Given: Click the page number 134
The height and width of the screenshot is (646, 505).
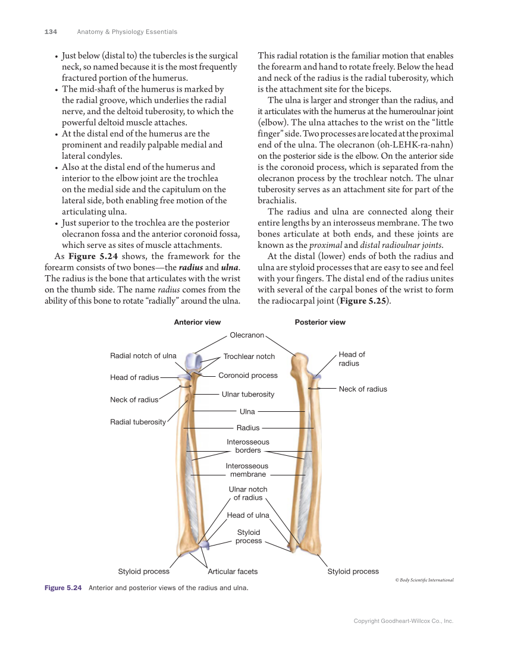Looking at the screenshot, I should tap(51, 31).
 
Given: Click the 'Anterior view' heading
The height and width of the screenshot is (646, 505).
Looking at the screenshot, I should tap(197, 322).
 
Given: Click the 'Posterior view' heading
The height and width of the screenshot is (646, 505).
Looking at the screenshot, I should tap(320, 322).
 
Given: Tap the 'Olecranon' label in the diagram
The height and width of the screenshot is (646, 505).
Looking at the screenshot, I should tap(247, 335).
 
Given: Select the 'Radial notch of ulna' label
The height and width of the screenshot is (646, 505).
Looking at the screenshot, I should tap(143, 355).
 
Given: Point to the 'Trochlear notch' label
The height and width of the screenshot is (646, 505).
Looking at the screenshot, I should tap(249, 357).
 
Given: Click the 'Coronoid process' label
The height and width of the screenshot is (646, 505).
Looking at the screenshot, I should tap(248, 375).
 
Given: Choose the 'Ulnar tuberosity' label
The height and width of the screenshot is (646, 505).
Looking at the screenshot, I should tap(248, 394).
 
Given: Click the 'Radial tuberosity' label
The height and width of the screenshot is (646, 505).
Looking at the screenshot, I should tap(138, 422).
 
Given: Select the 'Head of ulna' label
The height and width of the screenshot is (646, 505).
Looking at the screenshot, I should tap(248, 515).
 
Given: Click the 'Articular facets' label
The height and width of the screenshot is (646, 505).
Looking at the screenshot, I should tap(233, 571).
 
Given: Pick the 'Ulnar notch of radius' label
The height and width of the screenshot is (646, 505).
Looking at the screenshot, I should tap(248, 493).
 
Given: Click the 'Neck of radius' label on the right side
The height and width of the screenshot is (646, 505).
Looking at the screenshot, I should tap(363, 389).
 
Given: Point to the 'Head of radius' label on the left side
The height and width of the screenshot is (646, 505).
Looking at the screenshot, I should tap(134, 377).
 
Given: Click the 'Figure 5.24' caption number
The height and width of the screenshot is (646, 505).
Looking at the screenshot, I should tap(63, 588).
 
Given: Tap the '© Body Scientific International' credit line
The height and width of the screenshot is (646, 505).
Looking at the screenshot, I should tap(424, 580).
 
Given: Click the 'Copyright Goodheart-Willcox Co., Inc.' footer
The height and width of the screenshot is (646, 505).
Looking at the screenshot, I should tap(403, 621).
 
